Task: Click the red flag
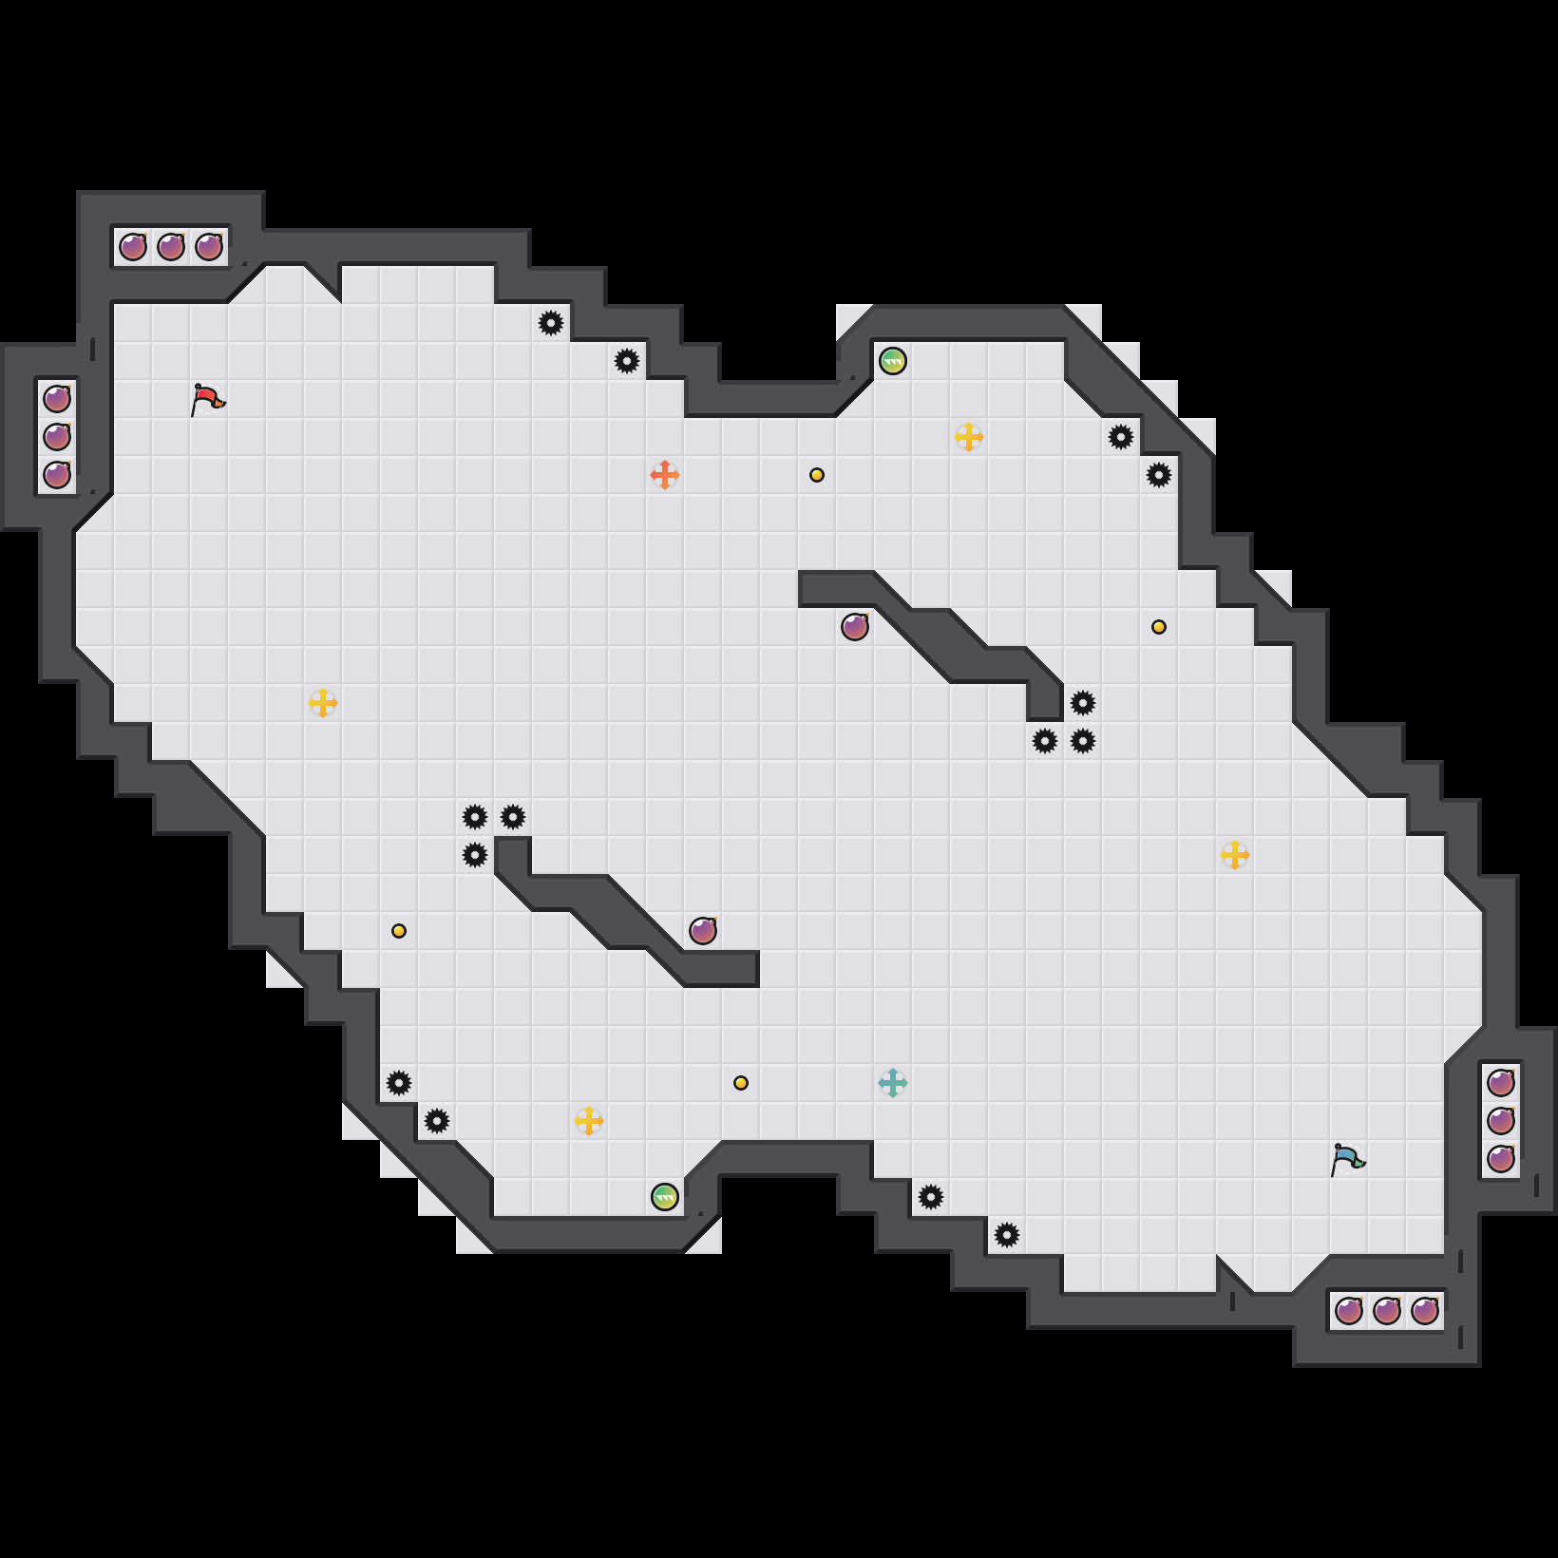(207, 400)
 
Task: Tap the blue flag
(1347, 1160)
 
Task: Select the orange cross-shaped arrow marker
(665, 474)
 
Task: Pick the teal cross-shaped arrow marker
(893, 1082)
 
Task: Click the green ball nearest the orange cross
(893, 361)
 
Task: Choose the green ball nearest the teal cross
(665, 1197)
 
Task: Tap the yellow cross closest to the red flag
(323, 703)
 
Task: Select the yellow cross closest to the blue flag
(1235, 855)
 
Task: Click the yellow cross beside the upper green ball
(969, 437)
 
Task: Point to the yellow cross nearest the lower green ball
(589, 1121)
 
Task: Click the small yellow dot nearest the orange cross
(817, 475)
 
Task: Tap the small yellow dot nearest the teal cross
(741, 1083)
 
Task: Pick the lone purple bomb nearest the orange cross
(855, 627)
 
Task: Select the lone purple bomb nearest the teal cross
(703, 931)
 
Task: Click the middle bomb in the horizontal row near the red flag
(171, 247)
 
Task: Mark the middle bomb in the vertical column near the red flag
(57, 437)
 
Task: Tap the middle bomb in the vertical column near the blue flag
(1501, 1121)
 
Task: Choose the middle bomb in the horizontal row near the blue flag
(1387, 1311)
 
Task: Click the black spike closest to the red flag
(551, 323)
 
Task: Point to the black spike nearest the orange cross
(627, 361)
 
